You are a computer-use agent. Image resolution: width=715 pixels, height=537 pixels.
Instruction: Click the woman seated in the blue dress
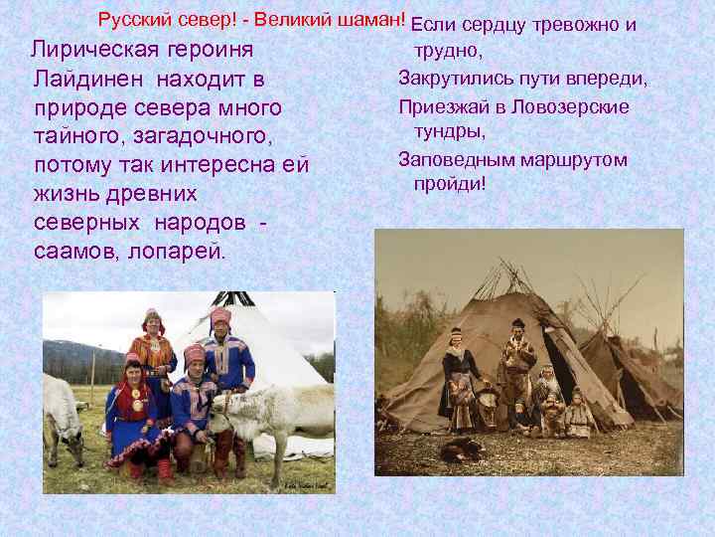(134, 413)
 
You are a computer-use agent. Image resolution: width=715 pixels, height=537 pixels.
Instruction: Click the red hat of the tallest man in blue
(220, 316)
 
